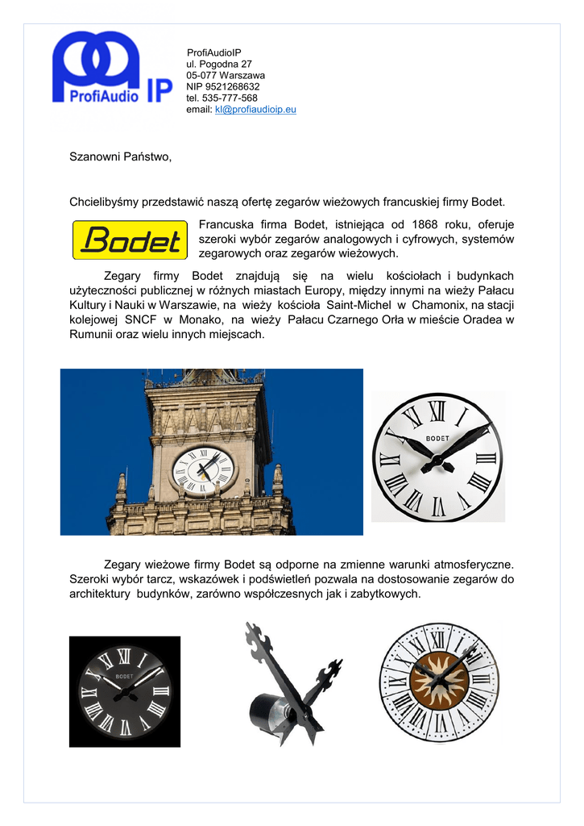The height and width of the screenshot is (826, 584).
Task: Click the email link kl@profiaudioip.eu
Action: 255,110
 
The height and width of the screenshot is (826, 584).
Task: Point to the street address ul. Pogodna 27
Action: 219,64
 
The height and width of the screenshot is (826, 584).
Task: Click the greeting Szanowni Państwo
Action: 120,156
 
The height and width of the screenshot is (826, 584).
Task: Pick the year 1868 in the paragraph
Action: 425,224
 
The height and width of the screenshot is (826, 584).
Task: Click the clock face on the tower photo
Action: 204,469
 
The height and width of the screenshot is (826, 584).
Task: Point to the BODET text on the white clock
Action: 437,437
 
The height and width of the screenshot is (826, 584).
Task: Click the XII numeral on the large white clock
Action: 437,411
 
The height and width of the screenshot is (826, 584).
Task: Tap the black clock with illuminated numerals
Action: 125,691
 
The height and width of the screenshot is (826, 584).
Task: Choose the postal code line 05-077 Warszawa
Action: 226,75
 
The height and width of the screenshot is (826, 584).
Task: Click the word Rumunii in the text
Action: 91,334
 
